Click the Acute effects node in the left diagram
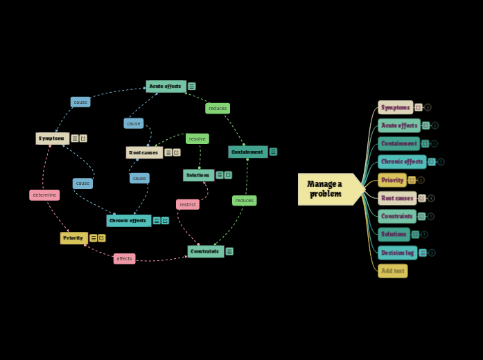[166, 87]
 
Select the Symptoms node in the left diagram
[52, 138]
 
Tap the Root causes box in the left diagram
[144, 152]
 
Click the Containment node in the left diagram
[247, 152]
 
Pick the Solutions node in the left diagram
[198, 175]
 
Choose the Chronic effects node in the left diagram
[128, 220]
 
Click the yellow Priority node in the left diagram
[73, 237]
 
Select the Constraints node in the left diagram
[205, 251]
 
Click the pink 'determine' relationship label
[44, 195]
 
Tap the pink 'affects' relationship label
[125, 258]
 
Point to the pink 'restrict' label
[188, 204]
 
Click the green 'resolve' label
[197, 138]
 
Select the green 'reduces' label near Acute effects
[218, 108]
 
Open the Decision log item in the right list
[397, 253]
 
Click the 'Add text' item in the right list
[392, 271]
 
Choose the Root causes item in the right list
[397, 198]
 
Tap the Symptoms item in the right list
[395, 107]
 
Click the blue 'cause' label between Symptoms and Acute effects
[80, 102]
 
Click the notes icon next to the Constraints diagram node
[229, 251]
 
